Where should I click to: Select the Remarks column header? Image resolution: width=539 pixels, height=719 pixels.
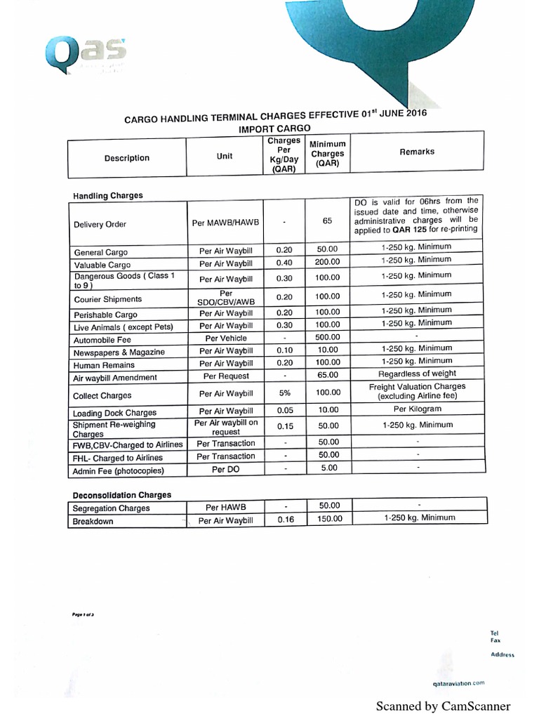[x=417, y=152]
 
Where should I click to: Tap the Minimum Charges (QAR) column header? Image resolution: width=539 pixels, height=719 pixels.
[x=327, y=154]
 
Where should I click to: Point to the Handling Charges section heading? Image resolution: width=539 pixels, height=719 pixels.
[x=107, y=195]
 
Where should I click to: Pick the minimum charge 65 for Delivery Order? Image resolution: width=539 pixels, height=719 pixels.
[x=327, y=220]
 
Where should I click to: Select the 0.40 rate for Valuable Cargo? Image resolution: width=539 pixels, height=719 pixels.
[x=284, y=263]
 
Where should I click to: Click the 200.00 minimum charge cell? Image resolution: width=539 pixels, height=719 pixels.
[x=327, y=262]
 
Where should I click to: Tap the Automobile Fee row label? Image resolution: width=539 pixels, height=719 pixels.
[x=102, y=340]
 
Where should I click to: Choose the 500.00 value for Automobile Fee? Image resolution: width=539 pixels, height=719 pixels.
[x=327, y=337]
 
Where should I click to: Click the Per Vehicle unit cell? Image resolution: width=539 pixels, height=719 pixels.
[x=226, y=338]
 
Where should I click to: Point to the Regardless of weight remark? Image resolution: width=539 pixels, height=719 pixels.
[x=417, y=374]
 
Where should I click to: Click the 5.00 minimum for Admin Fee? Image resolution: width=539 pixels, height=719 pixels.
[x=328, y=468]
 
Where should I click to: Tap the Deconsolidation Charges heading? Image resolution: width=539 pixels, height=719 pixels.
[x=122, y=495]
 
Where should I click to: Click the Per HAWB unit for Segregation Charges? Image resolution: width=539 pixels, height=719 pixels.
[x=226, y=506]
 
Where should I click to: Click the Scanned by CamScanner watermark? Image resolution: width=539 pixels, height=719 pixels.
[x=443, y=706]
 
